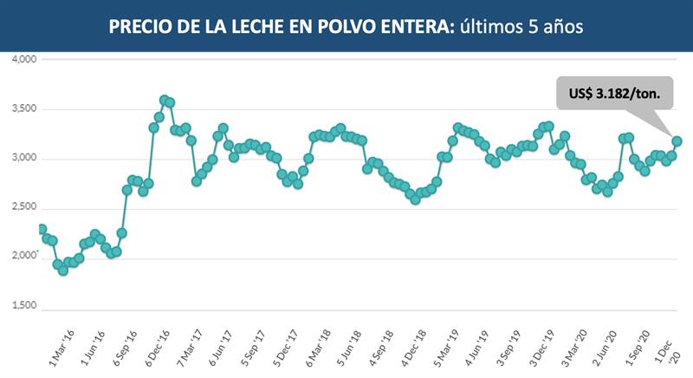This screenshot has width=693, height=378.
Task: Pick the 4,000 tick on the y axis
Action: click(23, 60)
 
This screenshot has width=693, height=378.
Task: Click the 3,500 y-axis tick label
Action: click(23, 109)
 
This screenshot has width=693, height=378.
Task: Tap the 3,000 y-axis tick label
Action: click(23, 159)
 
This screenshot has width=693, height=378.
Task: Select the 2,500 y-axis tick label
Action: click(23, 208)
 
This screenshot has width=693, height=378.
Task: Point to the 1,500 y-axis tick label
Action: click(23, 307)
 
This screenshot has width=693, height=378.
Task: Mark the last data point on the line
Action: click(677, 140)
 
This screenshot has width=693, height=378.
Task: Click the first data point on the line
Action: click(42, 230)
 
